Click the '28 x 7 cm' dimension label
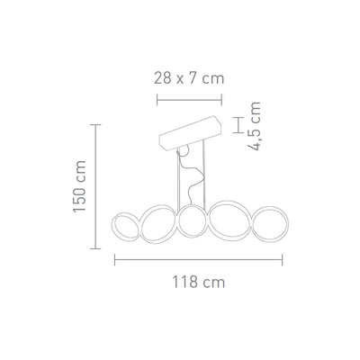coord(187,78)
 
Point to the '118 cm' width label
coord(198,282)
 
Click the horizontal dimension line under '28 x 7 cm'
coord(187,98)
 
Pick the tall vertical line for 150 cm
coord(98,188)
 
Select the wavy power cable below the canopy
coord(184,171)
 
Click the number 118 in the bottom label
coord(187,282)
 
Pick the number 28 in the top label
coord(162,78)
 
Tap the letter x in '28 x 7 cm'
coord(180,79)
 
